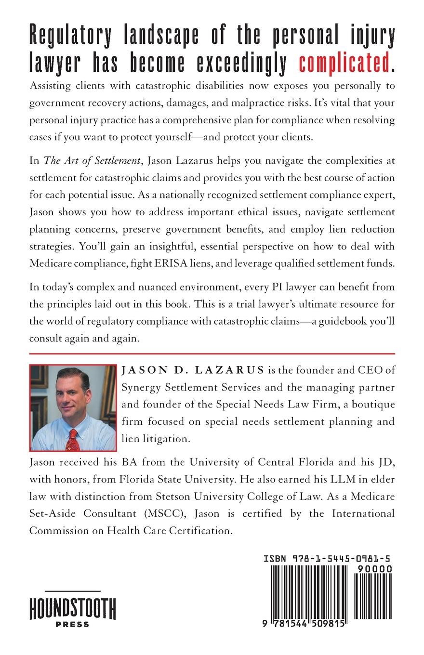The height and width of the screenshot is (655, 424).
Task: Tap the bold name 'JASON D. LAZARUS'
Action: tap(193, 370)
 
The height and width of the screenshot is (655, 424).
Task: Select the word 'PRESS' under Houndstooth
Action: tap(73, 624)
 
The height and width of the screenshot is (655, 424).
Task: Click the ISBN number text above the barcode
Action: tap(327, 559)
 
